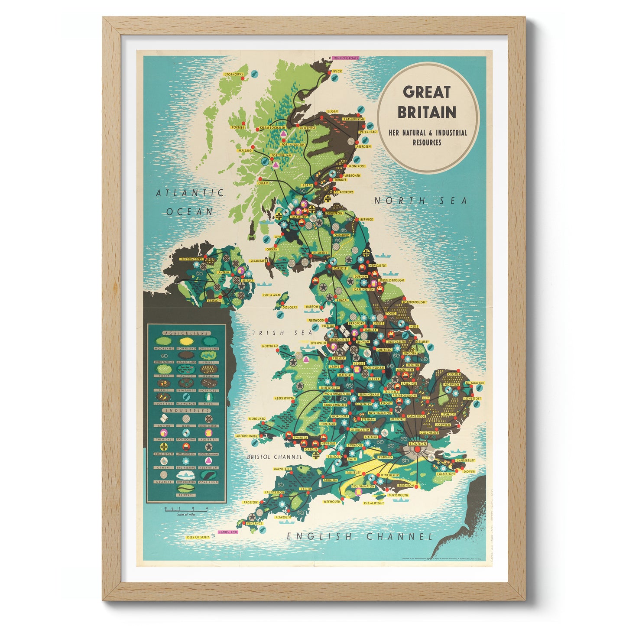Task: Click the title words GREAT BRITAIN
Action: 427,102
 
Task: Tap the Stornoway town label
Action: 234,75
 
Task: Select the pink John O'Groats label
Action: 345,58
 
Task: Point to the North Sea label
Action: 421,201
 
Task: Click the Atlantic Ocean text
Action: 190,202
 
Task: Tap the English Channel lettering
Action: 360,536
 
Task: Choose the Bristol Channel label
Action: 274,457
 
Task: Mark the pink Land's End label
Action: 228,532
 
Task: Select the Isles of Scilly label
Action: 198,537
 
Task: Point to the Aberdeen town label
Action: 363,146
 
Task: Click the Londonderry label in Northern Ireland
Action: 191,259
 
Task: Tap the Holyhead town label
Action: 269,346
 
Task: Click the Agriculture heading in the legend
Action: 186,333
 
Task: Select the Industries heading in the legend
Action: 186,410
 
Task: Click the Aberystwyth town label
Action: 284,398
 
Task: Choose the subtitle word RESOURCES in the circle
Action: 427,143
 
